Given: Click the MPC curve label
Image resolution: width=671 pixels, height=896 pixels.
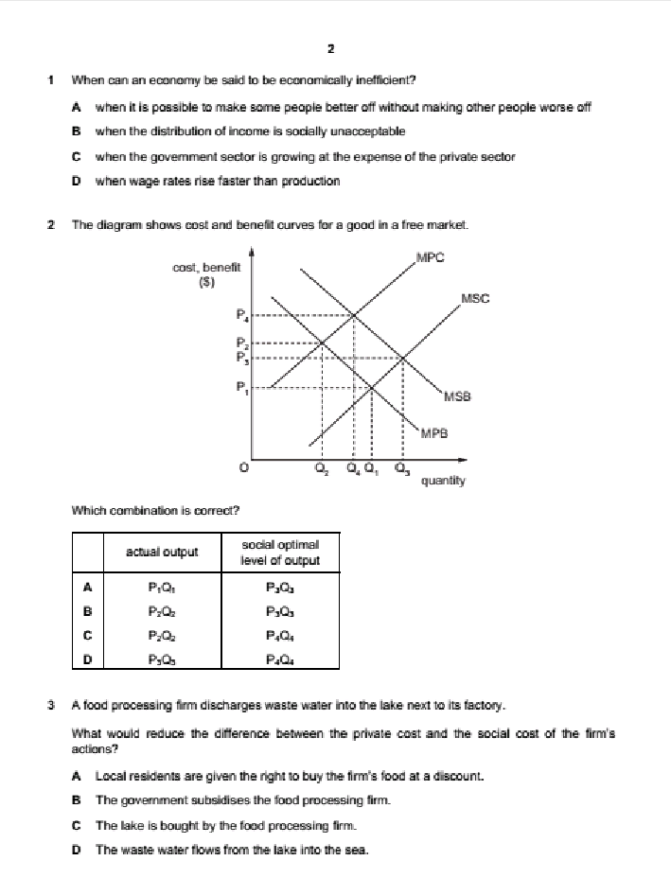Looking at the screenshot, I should point(430,257).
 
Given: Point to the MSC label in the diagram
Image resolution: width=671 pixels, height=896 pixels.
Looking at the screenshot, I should point(476,299).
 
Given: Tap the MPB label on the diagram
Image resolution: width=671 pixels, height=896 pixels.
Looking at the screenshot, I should point(433,432).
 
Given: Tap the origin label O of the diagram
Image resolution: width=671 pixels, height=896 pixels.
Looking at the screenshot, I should point(244,466).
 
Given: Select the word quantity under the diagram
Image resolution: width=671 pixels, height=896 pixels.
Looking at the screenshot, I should point(443,481).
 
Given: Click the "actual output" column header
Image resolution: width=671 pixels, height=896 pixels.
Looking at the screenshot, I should point(162,553).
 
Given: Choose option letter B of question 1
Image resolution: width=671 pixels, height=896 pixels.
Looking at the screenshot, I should point(76,131).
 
